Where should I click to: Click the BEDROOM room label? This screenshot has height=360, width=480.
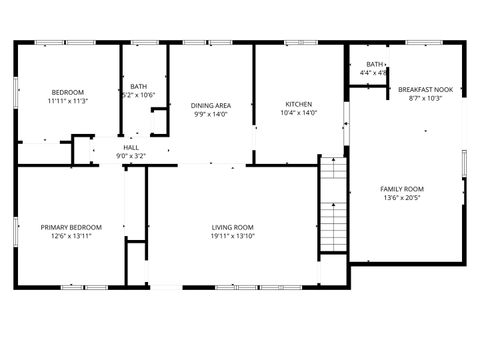[x=67, y=91]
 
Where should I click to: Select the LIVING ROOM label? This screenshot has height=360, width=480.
[x=232, y=227]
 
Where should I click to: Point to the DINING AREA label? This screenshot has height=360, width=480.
[x=211, y=105]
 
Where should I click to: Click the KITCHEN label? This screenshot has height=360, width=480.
[x=298, y=105]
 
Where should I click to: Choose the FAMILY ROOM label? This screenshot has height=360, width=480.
[x=402, y=189]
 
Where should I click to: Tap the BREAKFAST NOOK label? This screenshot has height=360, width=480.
[x=425, y=89]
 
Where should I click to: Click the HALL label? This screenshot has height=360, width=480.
[x=131, y=147]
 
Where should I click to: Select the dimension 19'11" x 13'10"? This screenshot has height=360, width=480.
[x=232, y=236]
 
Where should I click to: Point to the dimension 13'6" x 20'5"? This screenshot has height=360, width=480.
[x=402, y=198]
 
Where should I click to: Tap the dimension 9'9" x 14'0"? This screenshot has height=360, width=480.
[x=211, y=114]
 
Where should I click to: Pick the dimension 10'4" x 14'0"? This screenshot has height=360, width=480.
[x=298, y=114]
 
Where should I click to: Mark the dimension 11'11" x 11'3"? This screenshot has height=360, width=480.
[x=67, y=100]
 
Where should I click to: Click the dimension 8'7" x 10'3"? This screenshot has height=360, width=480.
[x=425, y=98]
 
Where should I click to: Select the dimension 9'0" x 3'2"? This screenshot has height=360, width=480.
[x=131, y=156]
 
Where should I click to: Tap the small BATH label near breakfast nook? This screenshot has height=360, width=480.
[x=374, y=64]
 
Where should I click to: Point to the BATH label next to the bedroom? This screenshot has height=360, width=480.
[x=138, y=87]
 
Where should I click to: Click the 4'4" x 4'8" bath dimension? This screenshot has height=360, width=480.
[x=374, y=73]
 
